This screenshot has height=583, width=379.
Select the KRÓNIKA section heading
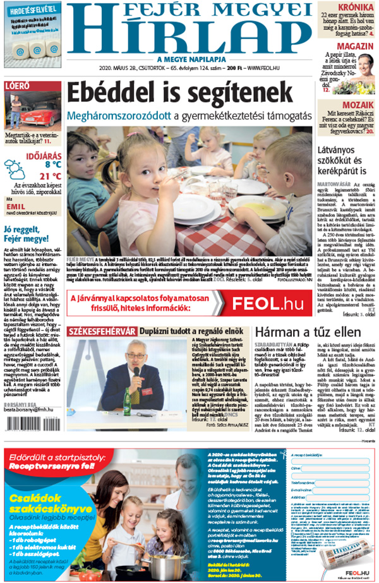(x=356, y=8)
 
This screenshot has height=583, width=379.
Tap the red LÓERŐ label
(x=17, y=85)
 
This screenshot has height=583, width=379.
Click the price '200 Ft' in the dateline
(x=235, y=68)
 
